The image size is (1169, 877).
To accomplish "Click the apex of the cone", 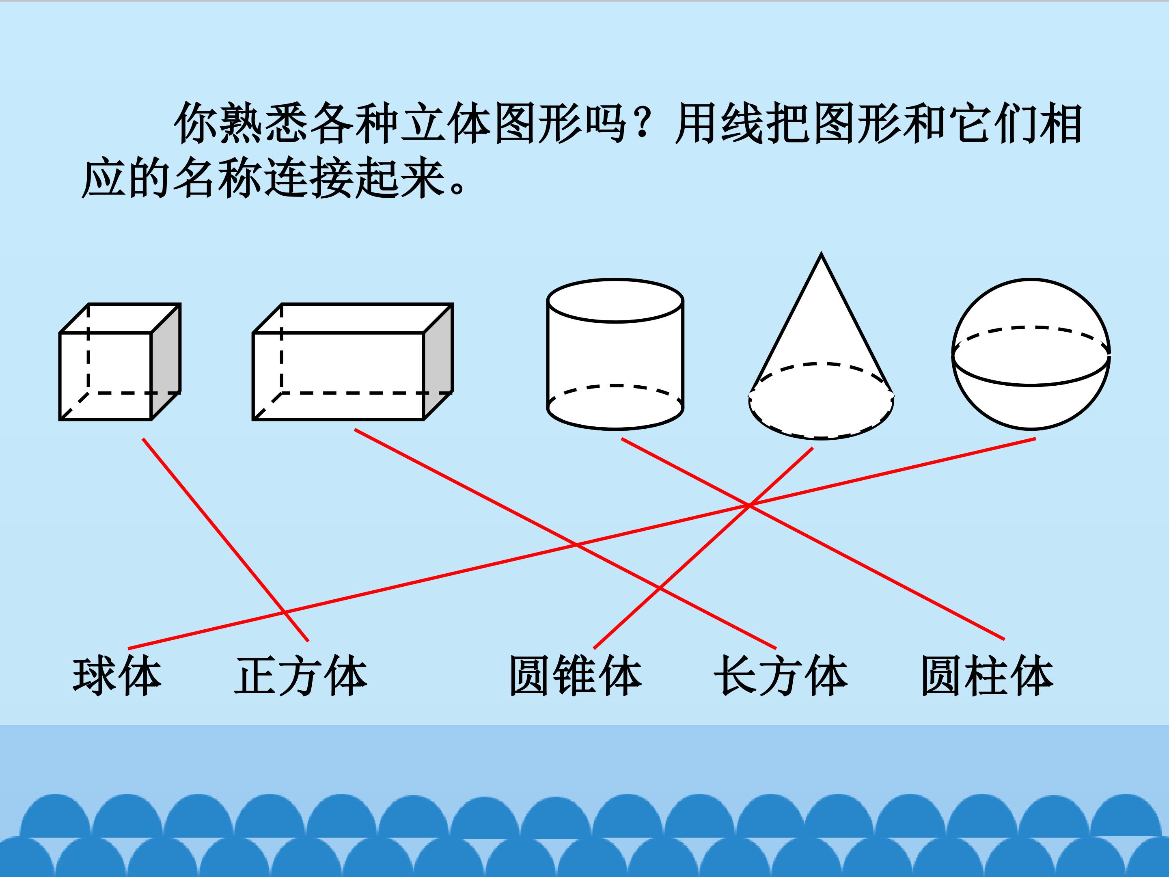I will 821,256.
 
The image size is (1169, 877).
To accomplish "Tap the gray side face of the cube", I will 166,362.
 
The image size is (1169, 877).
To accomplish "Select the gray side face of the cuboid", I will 438,362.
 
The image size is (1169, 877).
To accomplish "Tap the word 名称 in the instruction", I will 217,178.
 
